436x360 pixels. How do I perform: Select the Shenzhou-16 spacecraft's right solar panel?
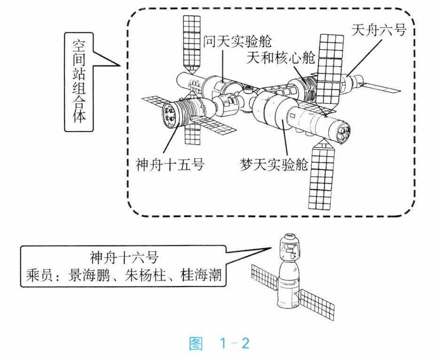pos(318,304)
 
